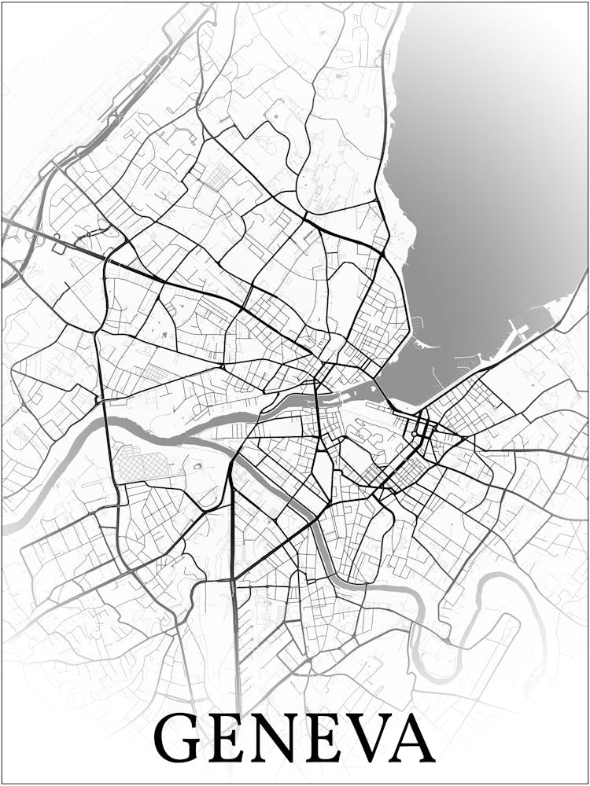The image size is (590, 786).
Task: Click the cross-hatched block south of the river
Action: [x=142, y=462]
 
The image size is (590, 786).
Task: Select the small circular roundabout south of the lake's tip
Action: [x=415, y=432]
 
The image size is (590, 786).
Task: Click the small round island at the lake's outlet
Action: [x=371, y=387]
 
